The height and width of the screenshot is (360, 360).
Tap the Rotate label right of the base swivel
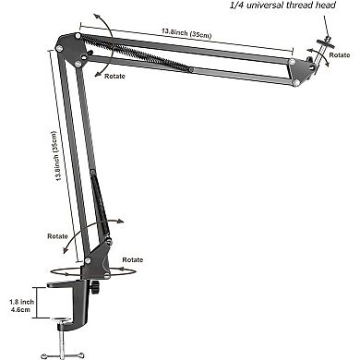[x=132, y=261]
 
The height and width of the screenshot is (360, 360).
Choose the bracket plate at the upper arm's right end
[x=300, y=69]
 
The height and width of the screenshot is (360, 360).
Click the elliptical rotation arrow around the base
[x=93, y=271]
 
